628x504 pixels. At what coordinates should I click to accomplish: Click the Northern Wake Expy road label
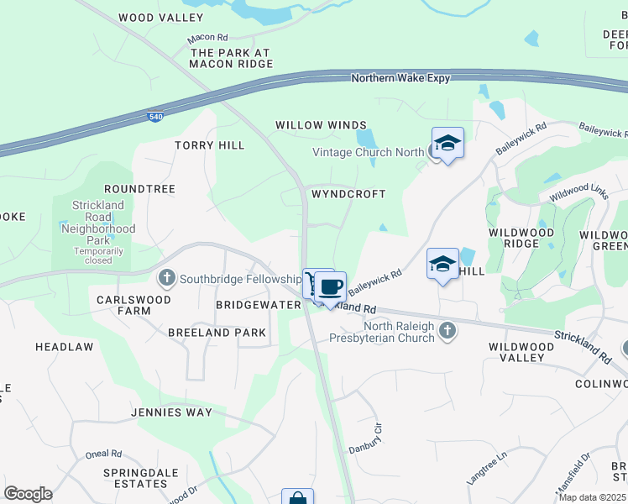400,78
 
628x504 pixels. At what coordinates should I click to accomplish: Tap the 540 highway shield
154,117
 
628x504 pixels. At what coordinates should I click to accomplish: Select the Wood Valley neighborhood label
161,18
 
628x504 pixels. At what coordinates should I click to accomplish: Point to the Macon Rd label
208,39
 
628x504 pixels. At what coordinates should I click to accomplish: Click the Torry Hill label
210,145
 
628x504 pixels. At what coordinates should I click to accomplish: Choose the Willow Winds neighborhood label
322,125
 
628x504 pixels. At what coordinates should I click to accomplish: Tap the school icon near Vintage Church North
447,143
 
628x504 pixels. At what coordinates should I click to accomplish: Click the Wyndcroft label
348,194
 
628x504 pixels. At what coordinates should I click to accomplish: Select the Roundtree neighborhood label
139,189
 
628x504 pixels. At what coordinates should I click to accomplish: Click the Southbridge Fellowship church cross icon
166,277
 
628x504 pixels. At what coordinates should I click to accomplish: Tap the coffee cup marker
331,286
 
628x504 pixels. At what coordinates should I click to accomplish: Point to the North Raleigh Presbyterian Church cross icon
447,330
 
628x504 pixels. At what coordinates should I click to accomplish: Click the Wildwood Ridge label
521,238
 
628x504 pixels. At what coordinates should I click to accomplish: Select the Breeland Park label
217,333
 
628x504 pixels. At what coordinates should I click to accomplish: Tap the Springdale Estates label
135,478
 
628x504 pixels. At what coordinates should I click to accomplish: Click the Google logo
28,494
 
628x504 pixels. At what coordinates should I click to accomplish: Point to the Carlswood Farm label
133,305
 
